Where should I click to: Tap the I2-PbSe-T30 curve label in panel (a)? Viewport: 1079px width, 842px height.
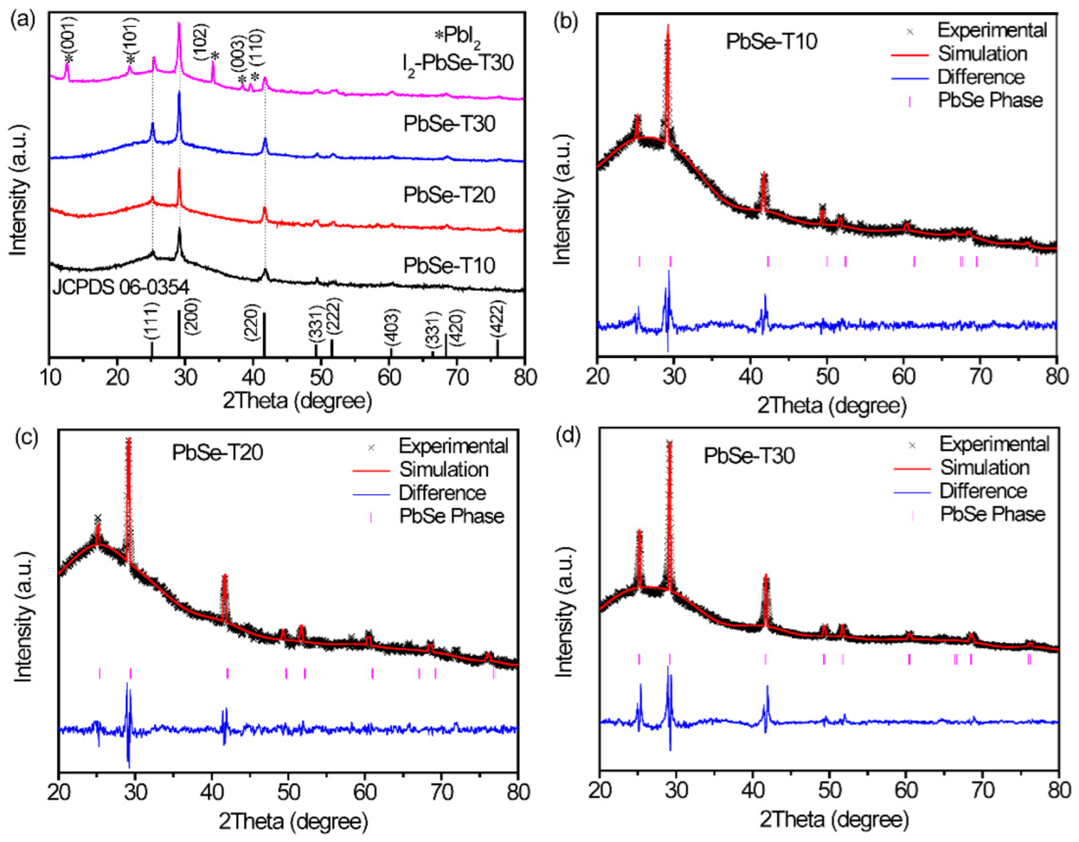457,63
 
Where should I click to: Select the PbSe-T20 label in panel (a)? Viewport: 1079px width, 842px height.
449,195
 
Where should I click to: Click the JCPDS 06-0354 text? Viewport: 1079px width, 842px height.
120,287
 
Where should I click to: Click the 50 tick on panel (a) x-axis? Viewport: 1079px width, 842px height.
321,376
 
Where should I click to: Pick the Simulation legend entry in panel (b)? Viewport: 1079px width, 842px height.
982,53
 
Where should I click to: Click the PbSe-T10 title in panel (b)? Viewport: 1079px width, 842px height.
771,41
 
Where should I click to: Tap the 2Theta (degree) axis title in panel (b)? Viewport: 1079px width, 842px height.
831,406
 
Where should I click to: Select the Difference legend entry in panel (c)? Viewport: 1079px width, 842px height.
442,493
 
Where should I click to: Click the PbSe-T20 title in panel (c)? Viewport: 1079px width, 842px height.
217,452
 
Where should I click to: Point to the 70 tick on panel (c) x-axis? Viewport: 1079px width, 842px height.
441,792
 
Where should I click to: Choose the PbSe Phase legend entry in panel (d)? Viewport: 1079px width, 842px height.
992,514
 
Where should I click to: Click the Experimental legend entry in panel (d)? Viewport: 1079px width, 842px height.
993,444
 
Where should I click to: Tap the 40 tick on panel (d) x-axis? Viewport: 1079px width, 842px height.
753,790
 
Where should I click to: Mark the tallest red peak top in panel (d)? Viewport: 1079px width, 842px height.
669,443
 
